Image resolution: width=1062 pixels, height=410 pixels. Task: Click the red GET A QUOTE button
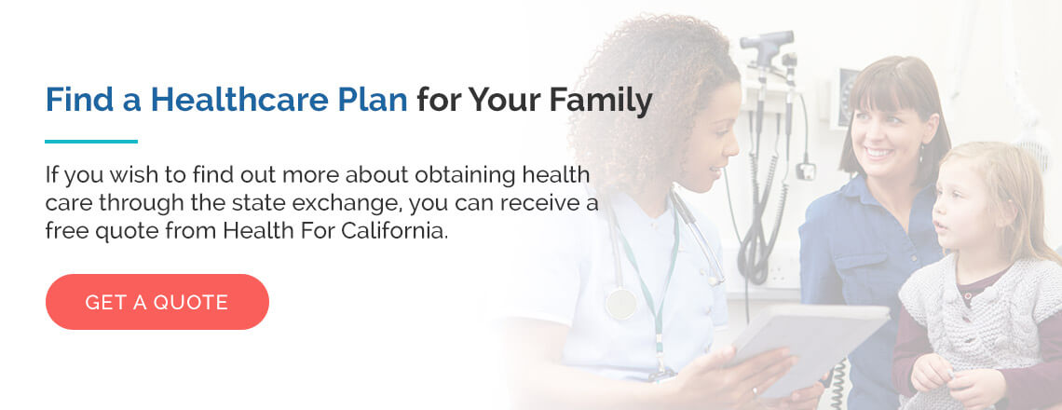[157, 302]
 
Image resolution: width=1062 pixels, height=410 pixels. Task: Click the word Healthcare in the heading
[244, 99]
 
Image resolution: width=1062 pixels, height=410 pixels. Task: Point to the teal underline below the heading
[91, 142]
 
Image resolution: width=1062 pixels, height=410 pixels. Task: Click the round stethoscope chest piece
[621, 303]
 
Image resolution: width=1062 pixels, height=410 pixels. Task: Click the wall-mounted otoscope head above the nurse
[767, 41]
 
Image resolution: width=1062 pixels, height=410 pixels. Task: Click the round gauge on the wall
[848, 96]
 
